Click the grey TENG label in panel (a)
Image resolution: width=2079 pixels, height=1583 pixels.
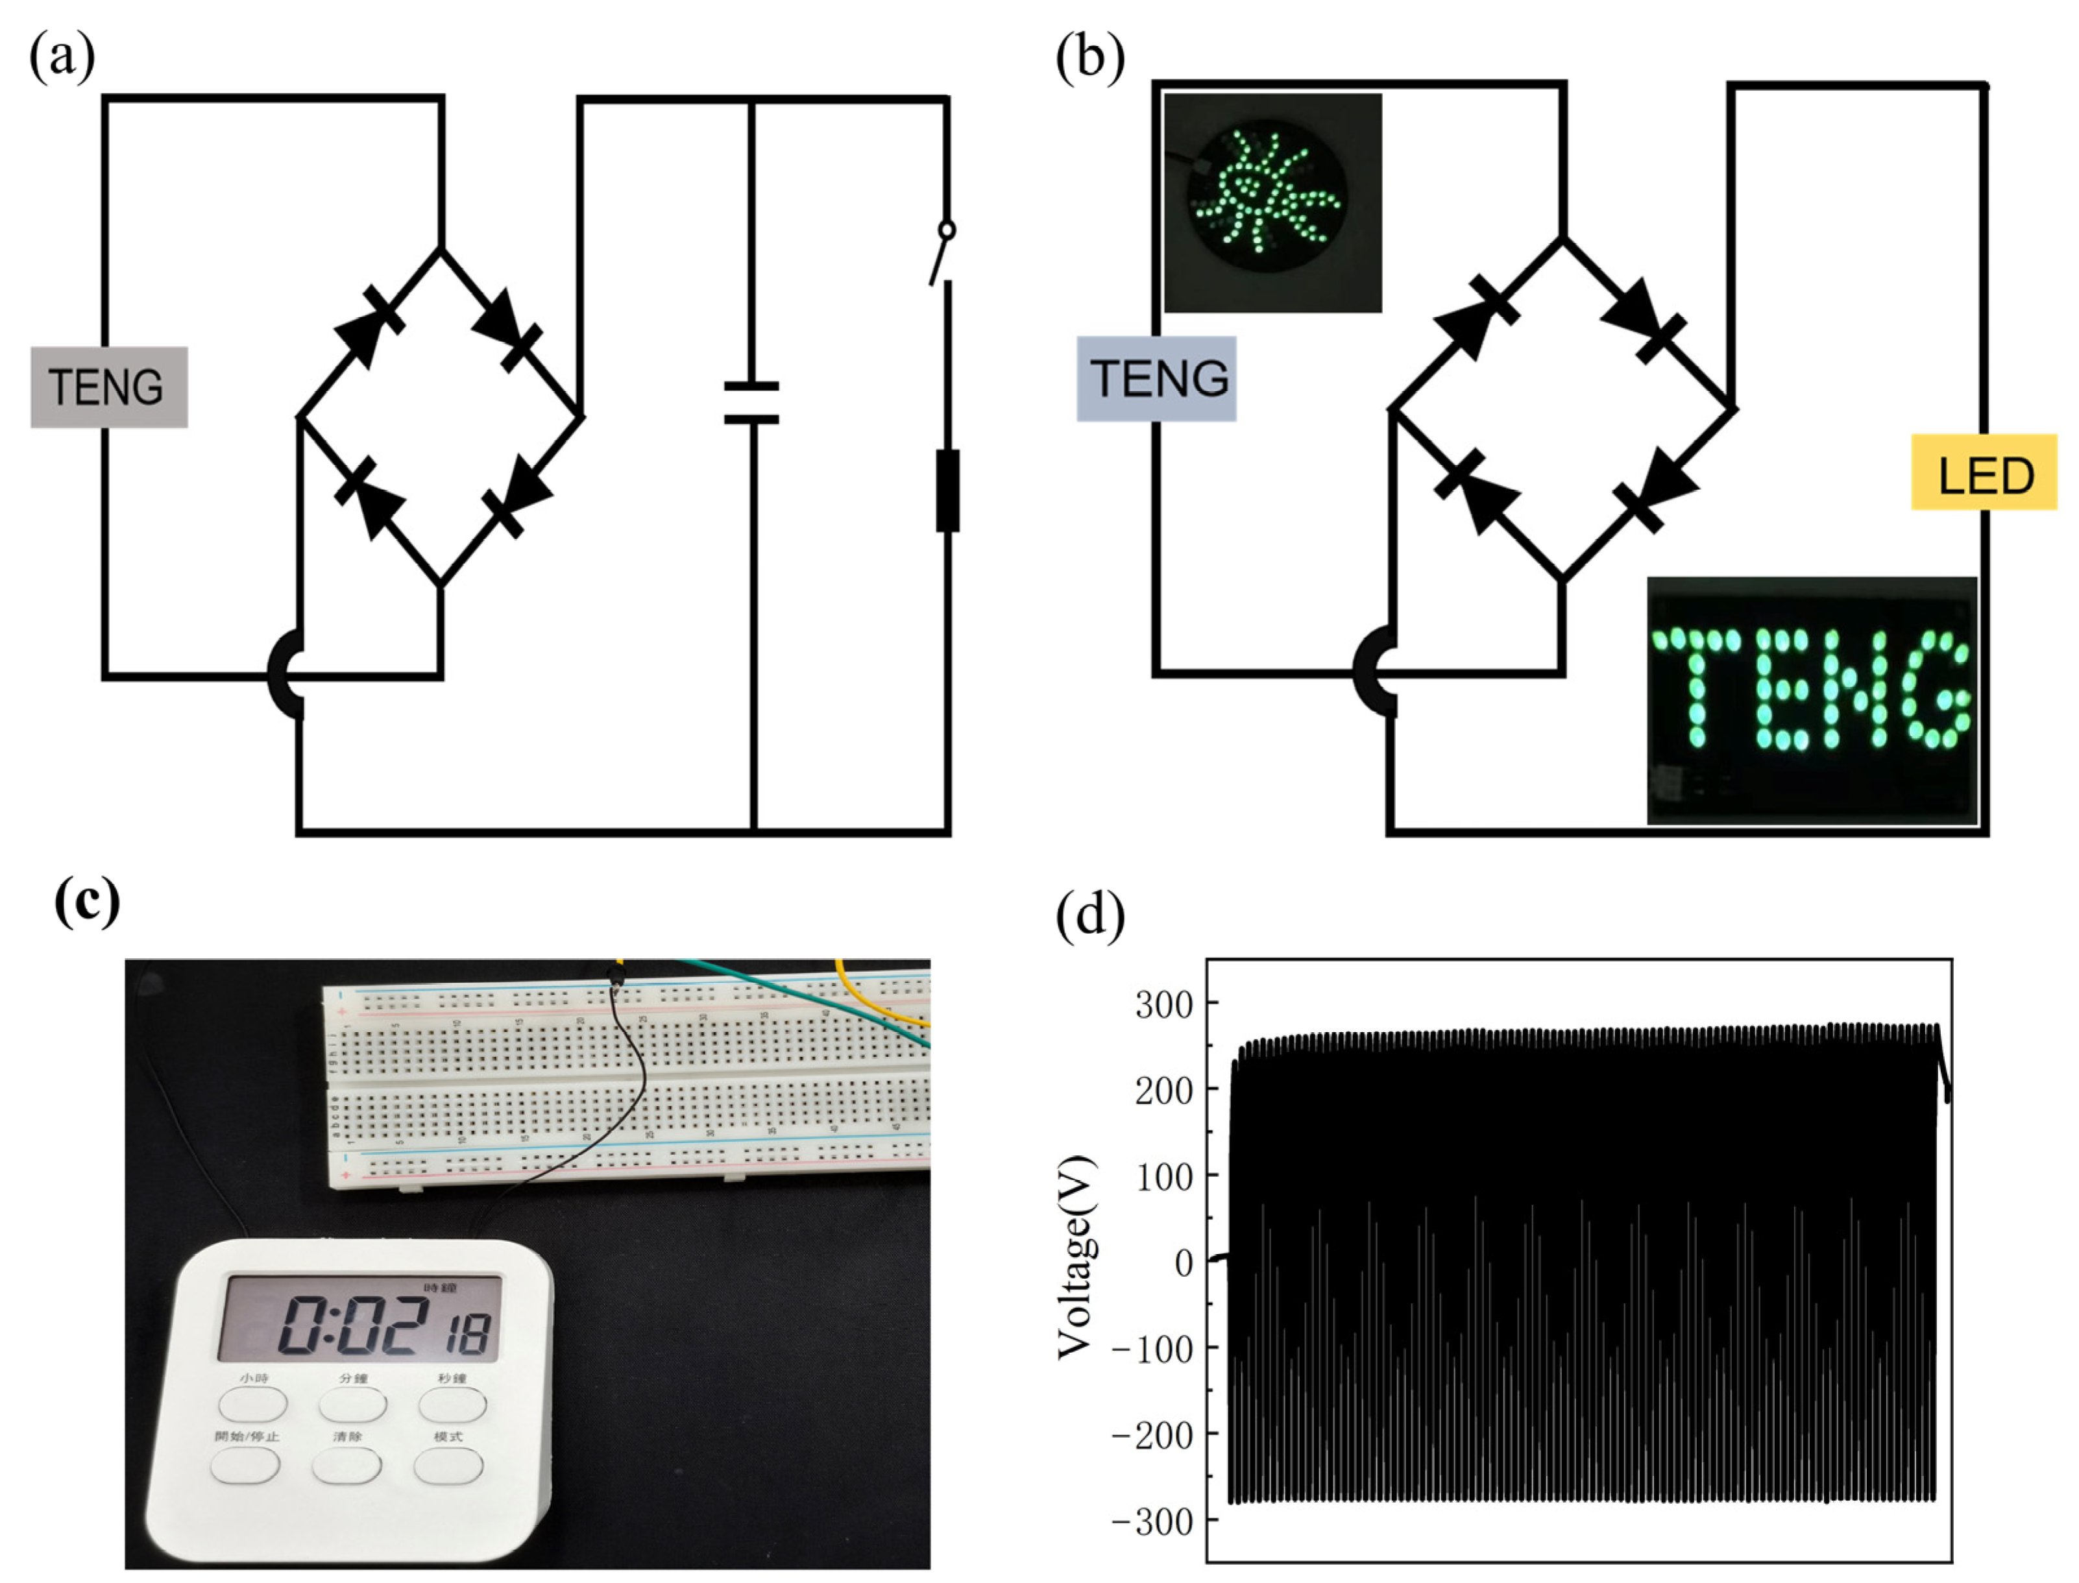[x=108, y=387]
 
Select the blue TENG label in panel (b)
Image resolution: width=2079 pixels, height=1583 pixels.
[x=1156, y=379]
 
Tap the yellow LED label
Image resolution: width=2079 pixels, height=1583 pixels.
[x=1983, y=473]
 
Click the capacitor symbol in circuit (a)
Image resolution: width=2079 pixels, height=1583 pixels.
[x=751, y=402]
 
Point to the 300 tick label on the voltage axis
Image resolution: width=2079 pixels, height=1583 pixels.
[x=1165, y=1004]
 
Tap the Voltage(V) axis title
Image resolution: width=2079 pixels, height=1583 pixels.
[x=1076, y=1258]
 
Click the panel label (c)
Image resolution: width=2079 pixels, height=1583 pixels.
[x=87, y=902]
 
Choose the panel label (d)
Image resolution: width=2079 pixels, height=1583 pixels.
[x=1089, y=914]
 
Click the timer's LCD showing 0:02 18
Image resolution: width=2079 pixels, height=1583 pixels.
[x=361, y=1319]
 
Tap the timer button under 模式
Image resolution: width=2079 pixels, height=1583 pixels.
[x=448, y=1466]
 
